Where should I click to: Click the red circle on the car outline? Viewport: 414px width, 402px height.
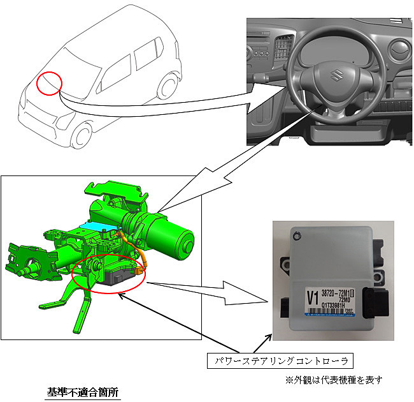[x=49, y=82]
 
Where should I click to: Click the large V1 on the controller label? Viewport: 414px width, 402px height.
[x=313, y=297]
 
